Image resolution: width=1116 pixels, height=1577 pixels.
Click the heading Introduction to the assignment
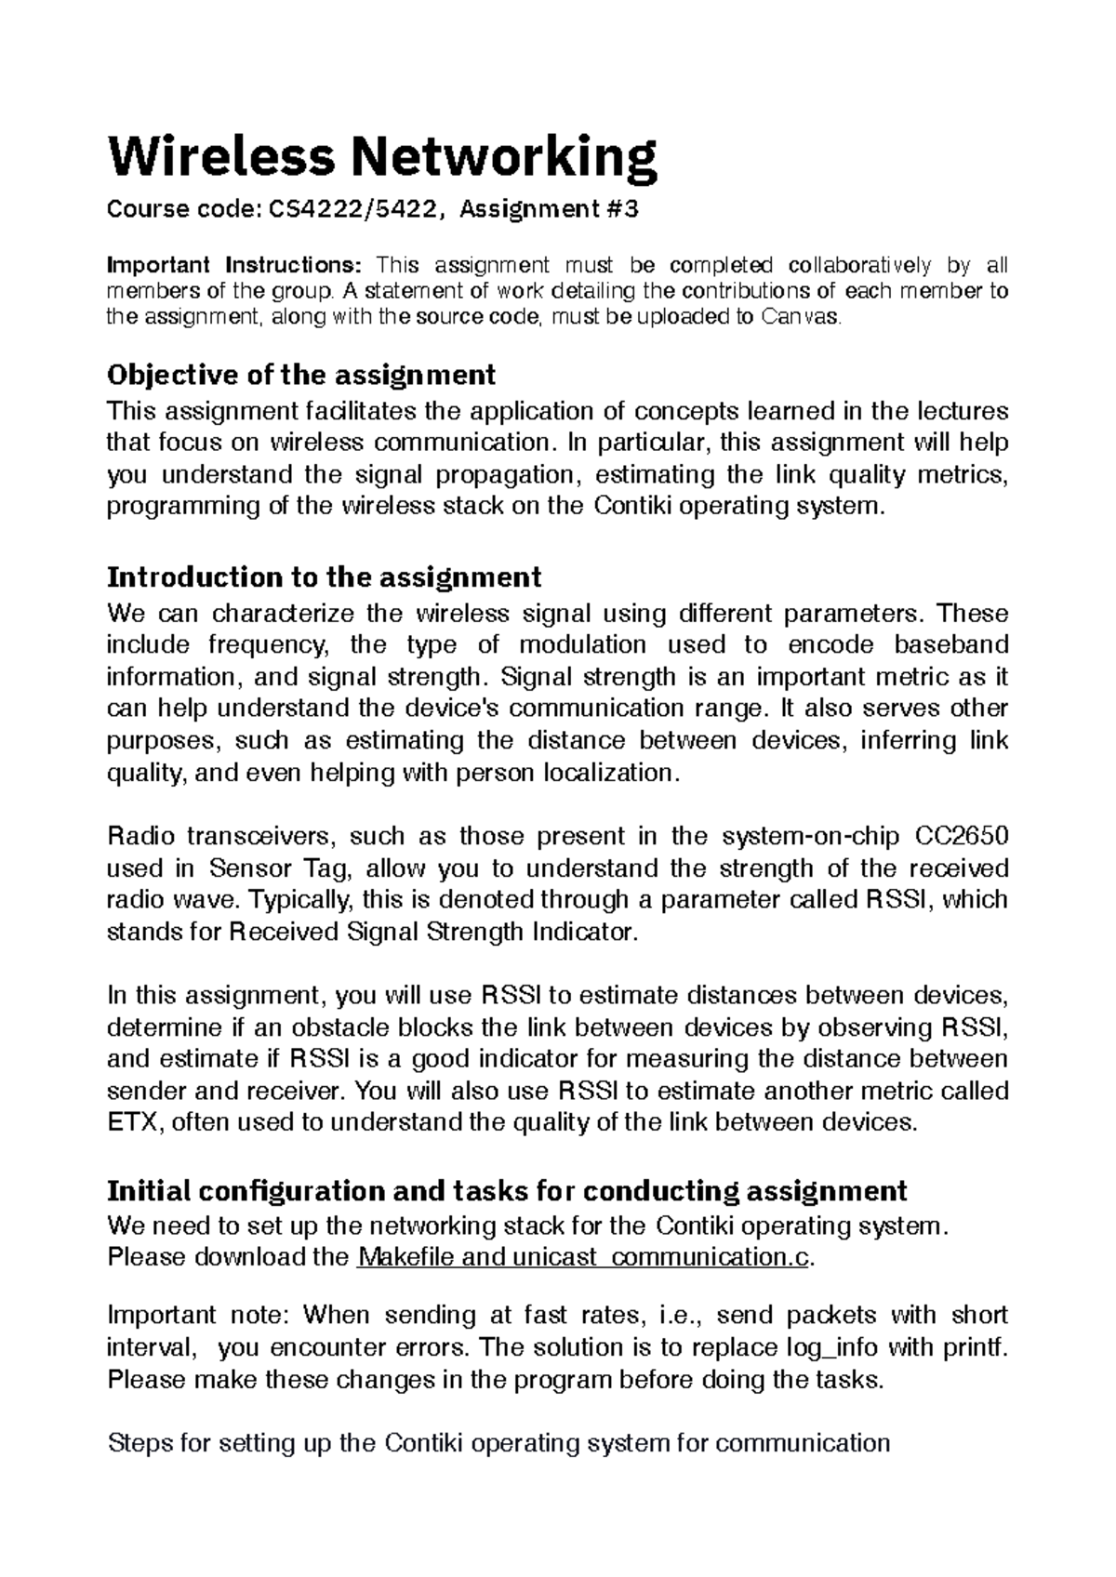coord(325,577)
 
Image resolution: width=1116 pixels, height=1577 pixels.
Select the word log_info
coord(836,1347)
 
